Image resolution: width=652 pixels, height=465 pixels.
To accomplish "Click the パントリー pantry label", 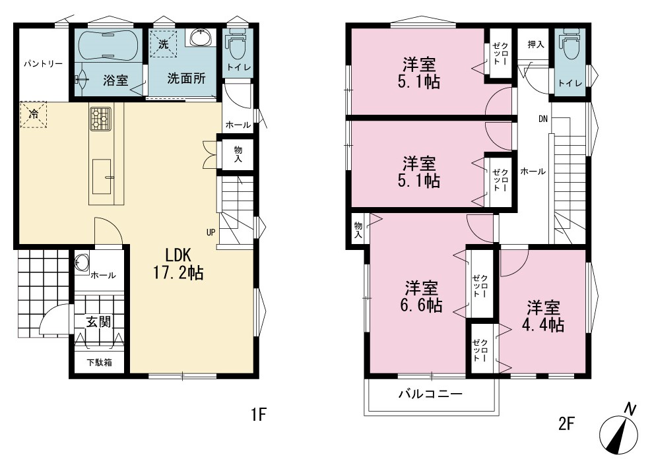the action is (x=43, y=64).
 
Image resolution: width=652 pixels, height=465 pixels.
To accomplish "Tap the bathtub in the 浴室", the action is (x=109, y=45).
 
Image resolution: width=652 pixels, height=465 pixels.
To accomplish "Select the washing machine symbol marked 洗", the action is (x=164, y=44).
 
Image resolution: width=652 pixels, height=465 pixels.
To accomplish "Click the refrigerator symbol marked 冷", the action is (x=33, y=114).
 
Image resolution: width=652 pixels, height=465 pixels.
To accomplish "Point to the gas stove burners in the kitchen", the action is (x=100, y=119).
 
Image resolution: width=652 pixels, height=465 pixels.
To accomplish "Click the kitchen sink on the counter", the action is (x=102, y=176).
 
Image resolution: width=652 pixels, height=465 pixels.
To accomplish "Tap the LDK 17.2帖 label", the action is (x=178, y=263).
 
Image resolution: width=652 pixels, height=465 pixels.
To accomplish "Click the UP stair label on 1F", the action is (x=211, y=232).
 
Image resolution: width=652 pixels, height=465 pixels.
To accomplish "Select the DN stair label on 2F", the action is (x=543, y=119).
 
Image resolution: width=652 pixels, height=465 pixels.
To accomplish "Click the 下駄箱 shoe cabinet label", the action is (x=100, y=362).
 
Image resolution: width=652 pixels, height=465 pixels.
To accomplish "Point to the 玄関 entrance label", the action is (x=99, y=322).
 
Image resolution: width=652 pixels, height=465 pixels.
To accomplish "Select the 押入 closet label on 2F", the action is (x=536, y=44).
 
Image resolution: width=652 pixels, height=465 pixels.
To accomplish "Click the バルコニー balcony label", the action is (x=431, y=393).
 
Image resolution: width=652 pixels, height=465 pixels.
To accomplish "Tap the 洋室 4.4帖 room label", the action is (x=544, y=316).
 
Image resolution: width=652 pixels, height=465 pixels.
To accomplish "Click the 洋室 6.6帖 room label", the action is (x=421, y=296).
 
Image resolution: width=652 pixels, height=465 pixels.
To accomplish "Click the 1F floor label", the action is (x=258, y=414).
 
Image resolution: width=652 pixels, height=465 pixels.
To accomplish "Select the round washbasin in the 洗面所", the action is (x=202, y=38).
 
